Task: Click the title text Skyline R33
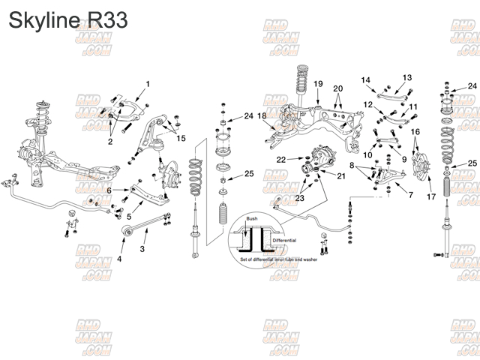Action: [68, 19]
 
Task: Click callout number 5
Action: [128, 217]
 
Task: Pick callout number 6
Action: [108, 191]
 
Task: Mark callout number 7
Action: [410, 194]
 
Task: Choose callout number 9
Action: [403, 160]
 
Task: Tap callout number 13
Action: [407, 78]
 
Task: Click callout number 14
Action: [366, 79]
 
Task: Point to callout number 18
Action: [261, 115]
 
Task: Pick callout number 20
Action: [337, 88]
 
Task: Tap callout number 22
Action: [280, 160]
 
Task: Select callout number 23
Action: [300, 199]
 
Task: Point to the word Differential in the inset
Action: [284, 240]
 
